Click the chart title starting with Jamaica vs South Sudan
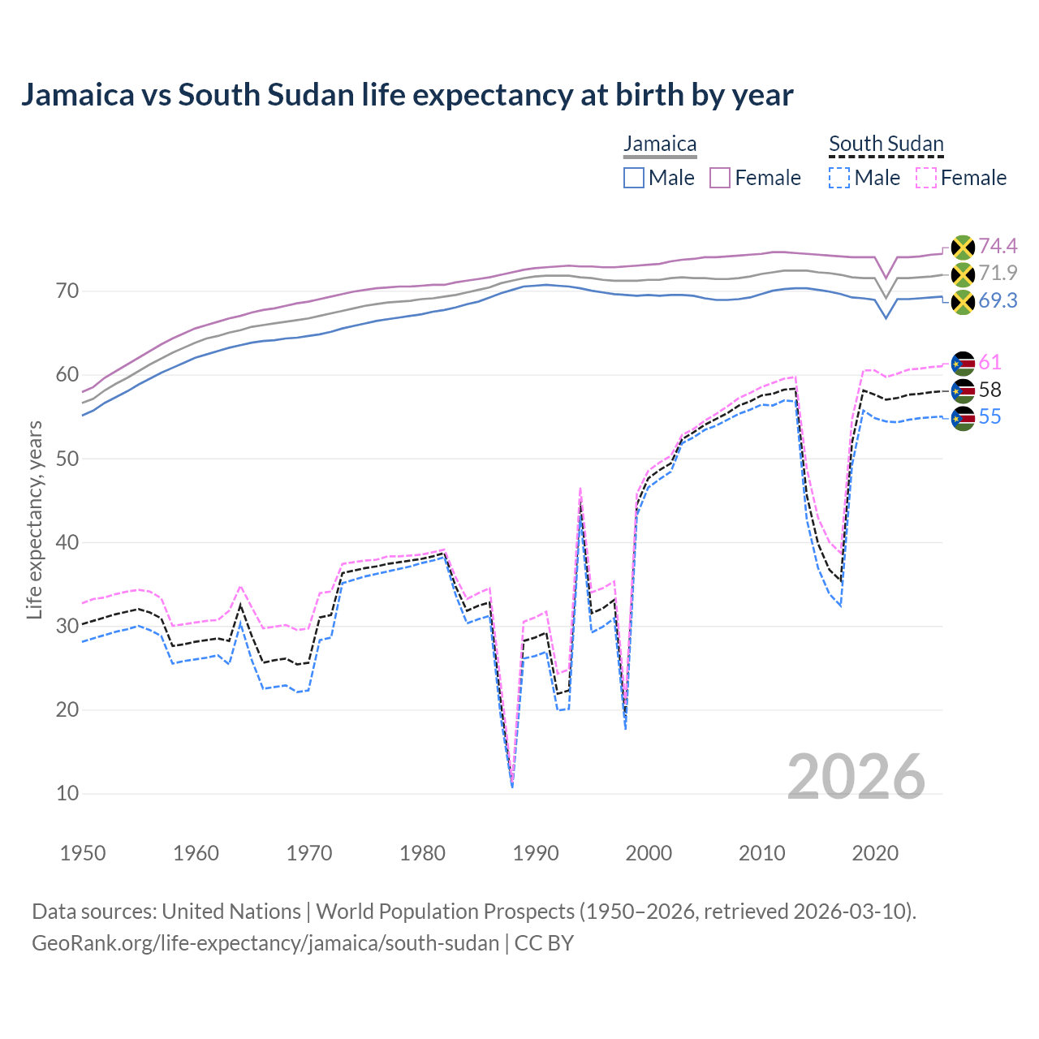407,95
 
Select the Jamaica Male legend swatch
634,178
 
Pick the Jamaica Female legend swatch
720,178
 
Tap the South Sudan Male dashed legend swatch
839,178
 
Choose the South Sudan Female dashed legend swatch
926,178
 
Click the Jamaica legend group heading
660,144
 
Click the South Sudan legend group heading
886,144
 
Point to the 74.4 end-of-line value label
998,246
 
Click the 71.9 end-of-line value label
998,273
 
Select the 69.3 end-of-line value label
998,300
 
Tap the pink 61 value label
989,362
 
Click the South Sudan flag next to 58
963,390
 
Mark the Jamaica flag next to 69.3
963,301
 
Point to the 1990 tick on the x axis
536,853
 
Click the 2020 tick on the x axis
875,853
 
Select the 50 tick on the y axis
67,459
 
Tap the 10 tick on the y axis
67,793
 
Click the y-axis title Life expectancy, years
35,519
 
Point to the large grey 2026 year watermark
856,777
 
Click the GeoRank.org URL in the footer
265,943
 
